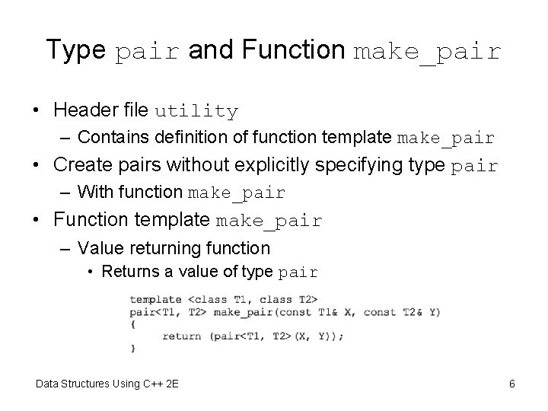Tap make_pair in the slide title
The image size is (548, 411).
(x=429, y=52)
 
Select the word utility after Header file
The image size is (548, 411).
(x=196, y=111)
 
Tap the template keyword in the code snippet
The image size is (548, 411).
(x=155, y=299)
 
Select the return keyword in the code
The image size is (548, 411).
(x=181, y=336)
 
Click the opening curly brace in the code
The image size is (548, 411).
(x=132, y=323)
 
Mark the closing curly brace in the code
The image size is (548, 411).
(x=132, y=348)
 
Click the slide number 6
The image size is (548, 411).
(x=512, y=384)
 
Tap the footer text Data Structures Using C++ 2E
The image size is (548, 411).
(x=107, y=384)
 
